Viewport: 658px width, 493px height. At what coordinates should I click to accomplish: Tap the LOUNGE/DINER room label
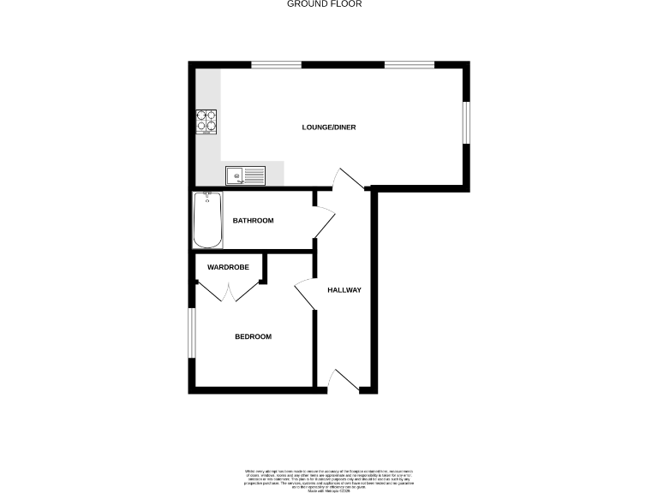pyautogui.click(x=329, y=128)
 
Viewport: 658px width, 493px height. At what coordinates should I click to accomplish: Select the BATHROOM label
pyautogui.click(x=253, y=221)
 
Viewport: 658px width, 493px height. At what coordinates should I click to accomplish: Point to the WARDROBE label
pyautogui.click(x=228, y=268)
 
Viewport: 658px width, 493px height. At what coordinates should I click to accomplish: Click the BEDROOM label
pyautogui.click(x=253, y=336)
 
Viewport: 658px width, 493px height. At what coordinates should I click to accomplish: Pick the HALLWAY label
pyautogui.click(x=344, y=290)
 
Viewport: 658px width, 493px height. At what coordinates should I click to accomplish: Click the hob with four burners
pyautogui.click(x=206, y=122)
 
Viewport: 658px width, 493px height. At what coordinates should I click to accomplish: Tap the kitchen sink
pyautogui.click(x=246, y=175)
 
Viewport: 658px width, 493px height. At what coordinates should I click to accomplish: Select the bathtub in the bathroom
pyautogui.click(x=206, y=220)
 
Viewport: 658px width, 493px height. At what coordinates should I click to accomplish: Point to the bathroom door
pyautogui.click(x=323, y=223)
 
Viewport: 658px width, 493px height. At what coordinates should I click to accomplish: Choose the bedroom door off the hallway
pyautogui.click(x=306, y=295)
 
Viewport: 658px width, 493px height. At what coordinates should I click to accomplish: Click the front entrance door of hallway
pyautogui.click(x=344, y=382)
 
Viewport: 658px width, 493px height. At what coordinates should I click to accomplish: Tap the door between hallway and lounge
pyautogui.click(x=350, y=180)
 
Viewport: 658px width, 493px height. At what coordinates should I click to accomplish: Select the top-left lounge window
pyautogui.click(x=275, y=64)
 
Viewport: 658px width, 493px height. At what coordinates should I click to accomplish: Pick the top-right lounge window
pyautogui.click(x=409, y=64)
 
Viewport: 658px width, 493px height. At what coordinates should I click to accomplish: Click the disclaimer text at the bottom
pyautogui.click(x=328, y=478)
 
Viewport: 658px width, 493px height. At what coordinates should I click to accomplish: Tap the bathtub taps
pyautogui.click(x=207, y=196)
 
